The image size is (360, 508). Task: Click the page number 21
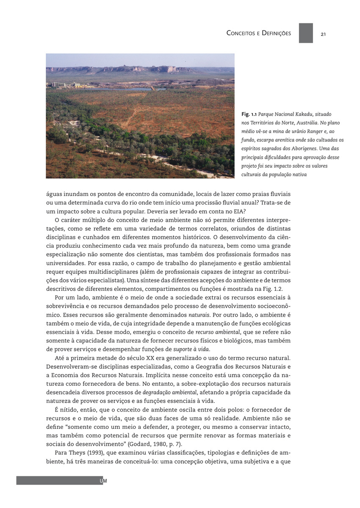click(323, 34)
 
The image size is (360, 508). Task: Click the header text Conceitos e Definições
click(259, 33)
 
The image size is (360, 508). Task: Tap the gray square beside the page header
click(306, 33)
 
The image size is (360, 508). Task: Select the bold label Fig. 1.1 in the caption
click(249, 115)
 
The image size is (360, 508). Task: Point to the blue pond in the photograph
click(123, 89)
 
